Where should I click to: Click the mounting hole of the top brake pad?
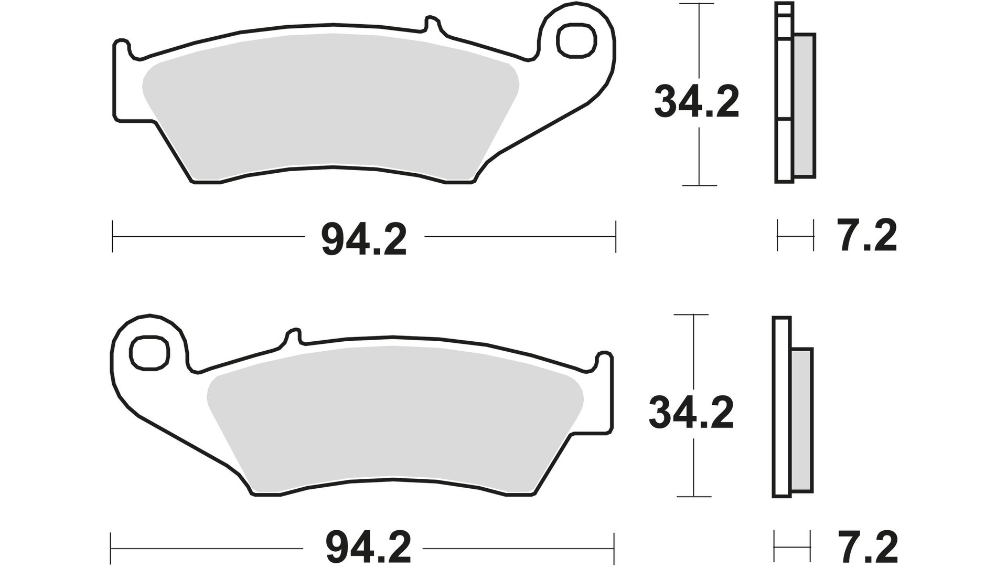point(577,41)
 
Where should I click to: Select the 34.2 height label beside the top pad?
point(697,102)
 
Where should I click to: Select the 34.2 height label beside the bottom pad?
point(691,413)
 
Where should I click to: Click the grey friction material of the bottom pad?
point(393,415)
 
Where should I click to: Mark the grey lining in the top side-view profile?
point(805,105)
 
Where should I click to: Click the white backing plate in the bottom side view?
point(781,409)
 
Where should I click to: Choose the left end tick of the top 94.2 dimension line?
point(113,237)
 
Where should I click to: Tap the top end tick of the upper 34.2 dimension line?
point(699,4)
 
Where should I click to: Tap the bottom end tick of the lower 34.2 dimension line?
point(694,496)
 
